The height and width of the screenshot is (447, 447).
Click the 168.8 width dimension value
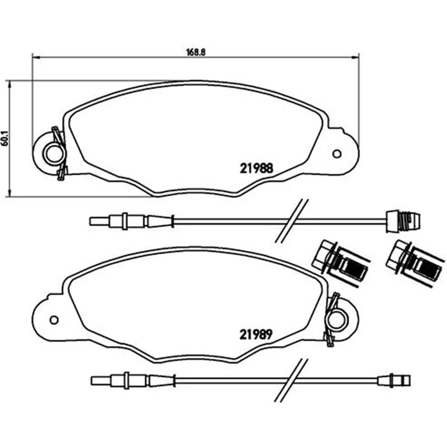coord(196,52)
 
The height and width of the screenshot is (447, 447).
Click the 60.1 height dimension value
coord(4,139)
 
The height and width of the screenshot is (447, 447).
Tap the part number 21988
coord(256,168)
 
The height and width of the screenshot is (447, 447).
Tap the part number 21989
coord(256,334)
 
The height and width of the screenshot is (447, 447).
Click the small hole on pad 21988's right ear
coord(337,154)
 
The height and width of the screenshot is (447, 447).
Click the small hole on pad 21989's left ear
coord(54,320)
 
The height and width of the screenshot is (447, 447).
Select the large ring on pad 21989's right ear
coord(337,320)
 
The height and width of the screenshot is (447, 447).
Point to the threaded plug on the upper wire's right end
coord(403,221)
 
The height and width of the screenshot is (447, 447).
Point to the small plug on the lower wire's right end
coord(394,381)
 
